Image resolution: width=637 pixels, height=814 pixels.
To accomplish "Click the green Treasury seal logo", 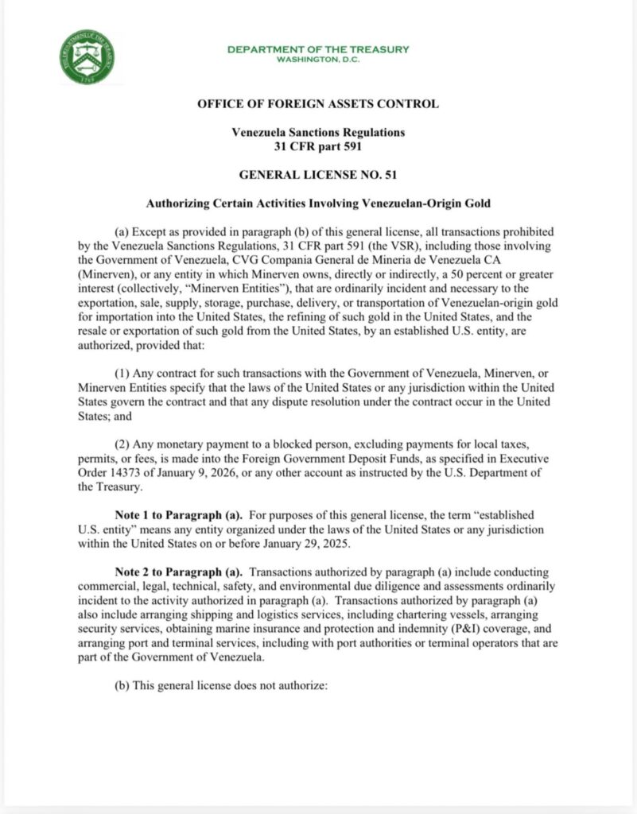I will coord(87,57).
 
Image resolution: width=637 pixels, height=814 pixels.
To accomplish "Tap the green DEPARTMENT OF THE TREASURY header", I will coord(318,49).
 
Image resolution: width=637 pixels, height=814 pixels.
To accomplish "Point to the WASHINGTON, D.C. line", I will coord(318,60).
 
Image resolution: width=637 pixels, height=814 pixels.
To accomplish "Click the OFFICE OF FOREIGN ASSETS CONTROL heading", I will coord(318,104).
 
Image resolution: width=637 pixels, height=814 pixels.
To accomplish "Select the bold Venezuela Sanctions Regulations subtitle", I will coord(318,132).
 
